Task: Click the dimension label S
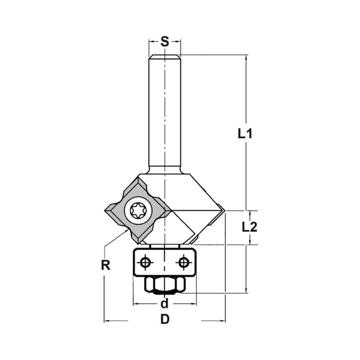[x=165, y=42]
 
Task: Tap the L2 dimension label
[x=249, y=227]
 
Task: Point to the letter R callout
[x=105, y=265]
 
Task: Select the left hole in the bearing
[x=145, y=262]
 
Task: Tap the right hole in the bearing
[x=184, y=262]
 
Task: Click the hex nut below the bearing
[x=165, y=285]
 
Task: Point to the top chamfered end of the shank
[x=165, y=56]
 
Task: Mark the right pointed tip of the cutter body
[x=224, y=211]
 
